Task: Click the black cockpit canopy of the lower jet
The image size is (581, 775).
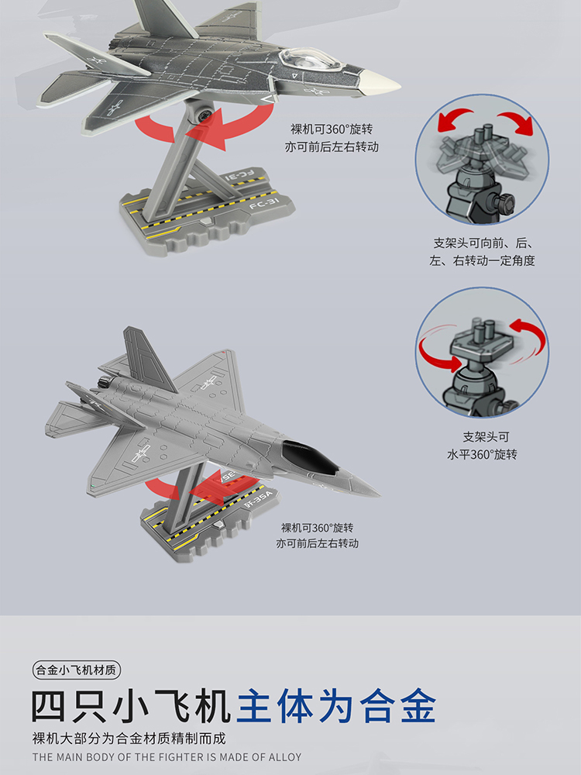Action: (x=311, y=457)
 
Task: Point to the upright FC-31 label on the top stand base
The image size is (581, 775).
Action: (x=264, y=202)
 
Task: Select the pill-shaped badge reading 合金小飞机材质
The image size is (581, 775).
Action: (x=77, y=670)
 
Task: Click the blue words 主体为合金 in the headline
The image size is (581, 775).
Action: (x=336, y=706)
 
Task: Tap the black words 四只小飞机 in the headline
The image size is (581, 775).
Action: (x=131, y=706)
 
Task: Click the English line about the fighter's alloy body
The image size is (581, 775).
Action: (x=167, y=756)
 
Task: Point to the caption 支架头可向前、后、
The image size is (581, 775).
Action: (x=482, y=243)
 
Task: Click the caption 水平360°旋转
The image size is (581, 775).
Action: (x=482, y=454)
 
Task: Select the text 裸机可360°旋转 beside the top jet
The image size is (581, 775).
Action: (x=332, y=129)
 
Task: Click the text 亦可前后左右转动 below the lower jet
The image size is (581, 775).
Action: (x=317, y=543)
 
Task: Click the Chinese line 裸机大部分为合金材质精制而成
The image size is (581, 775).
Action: (x=129, y=739)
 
